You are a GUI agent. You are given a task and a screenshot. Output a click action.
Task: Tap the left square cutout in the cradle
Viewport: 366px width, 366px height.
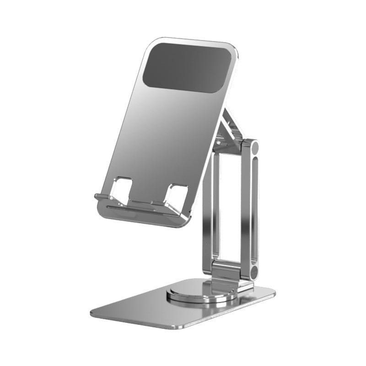pos(122,188)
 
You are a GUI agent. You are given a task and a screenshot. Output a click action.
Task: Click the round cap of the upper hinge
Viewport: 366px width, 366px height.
pos(253,148)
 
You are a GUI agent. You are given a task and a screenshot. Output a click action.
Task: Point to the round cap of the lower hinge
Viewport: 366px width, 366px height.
pos(253,273)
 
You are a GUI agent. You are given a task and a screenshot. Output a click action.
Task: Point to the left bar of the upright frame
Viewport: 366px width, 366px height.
pos(208,215)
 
